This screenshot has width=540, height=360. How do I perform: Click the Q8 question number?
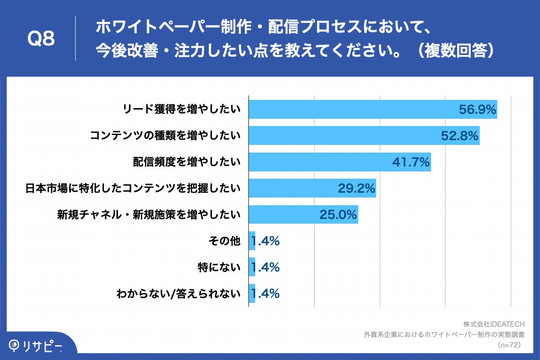click(x=41, y=39)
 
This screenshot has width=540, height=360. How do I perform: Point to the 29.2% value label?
click(x=356, y=188)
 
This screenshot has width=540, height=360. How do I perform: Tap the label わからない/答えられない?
click(x=178, y=294)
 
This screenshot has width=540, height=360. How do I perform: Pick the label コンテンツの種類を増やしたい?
click(x=165, y=135)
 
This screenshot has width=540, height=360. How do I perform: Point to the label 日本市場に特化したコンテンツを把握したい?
click(x=133, y=188)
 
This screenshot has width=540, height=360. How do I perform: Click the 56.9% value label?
click(x=477, y=109)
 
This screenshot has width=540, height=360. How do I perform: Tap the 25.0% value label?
click(x=338, y=215)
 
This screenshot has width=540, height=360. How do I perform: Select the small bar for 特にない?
click(x=252, y=267)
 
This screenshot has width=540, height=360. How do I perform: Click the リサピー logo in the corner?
click(x=36, y=346)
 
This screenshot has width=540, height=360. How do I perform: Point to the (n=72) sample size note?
click(x=508, y=345)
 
